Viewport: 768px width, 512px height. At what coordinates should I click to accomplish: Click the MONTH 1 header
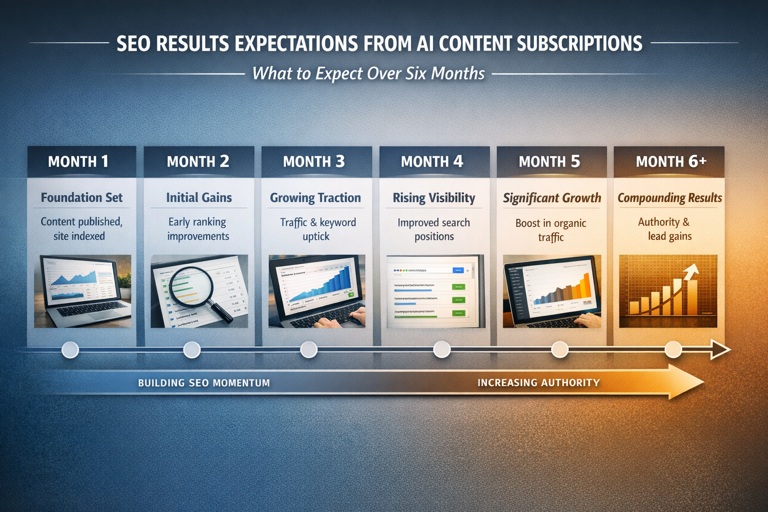coord(78,161)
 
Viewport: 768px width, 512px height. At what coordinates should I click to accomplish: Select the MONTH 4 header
coord(432,161)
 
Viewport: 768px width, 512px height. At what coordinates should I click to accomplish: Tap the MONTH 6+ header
coord(671,161)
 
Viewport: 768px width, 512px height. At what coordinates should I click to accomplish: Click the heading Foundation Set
coord(81,197)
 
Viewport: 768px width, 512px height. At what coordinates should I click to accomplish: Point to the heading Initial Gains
coord(199,197)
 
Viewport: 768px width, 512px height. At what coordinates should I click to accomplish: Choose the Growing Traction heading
coord(315,198)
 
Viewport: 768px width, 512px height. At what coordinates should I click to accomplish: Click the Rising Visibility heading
coord(434,198)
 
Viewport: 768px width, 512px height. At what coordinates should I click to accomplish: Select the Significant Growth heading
coord(552,198)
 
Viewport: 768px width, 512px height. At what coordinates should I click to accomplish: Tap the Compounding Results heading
coord(669,198)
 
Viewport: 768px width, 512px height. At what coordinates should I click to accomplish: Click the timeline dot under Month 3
coord(308,349)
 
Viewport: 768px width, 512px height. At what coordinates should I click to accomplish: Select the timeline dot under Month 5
coord(559,349)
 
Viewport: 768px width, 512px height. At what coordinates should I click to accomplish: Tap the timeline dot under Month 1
coord(70,349)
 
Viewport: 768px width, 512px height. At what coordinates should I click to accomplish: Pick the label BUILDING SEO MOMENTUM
coord(204,383)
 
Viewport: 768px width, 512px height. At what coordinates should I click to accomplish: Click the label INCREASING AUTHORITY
coord(538,383)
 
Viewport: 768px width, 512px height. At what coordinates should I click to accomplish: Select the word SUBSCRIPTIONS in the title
coord(579,44)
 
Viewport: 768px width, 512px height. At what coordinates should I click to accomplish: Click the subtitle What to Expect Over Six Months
coord(368,73)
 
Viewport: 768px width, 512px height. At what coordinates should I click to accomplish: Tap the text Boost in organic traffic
coord(551,230)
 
